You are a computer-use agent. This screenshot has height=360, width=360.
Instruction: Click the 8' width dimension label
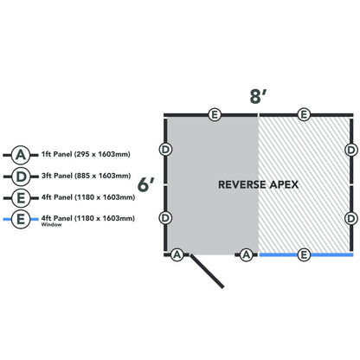click(257, 95)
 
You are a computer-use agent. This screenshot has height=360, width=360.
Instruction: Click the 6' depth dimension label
click(146, 184)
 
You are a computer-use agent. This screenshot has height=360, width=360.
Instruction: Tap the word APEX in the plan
click(285, 185)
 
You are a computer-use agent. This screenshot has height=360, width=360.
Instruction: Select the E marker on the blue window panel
click(303, 254)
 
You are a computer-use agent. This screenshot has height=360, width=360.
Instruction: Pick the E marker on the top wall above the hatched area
click(303, 114)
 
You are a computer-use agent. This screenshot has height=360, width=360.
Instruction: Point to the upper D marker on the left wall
click(165, 149)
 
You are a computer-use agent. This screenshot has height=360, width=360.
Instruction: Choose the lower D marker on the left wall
click(165, 217)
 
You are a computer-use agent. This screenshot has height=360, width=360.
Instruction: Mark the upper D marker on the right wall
click(351, 149)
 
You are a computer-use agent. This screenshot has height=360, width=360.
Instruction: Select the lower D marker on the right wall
click(351, 217)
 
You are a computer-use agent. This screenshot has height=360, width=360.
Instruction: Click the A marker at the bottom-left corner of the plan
click(177, 254)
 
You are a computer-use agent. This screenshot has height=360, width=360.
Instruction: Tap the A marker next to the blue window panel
click(247, 254)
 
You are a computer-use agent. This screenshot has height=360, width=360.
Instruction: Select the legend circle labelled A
click(21, 154)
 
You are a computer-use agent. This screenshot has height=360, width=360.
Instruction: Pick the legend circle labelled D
click(21, 176)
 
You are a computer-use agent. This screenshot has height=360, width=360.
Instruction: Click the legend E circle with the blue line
click(21, 220)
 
